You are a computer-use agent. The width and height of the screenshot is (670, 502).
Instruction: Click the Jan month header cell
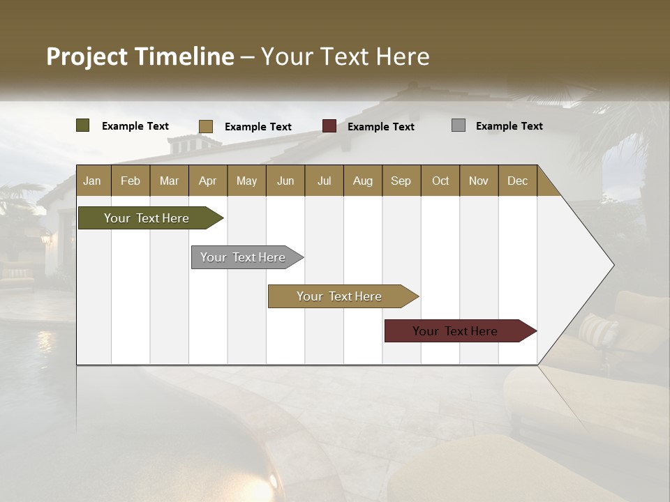click(93, 181)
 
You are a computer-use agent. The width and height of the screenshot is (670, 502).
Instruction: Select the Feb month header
click(131, 181)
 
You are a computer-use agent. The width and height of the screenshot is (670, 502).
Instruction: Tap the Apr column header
click(208, 181)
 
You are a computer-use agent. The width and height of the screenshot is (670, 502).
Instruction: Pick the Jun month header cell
click(285, 181)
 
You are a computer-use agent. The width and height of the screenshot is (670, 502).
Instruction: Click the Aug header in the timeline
click(363, 181)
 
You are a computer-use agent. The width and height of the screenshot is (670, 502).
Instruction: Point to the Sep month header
click(401, 181)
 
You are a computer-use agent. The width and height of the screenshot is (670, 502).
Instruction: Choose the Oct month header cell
click(440, 181)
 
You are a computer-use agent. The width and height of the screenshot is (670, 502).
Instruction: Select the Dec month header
click(518, 181)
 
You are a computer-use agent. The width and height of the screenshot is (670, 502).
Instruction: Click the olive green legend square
click(83, 125)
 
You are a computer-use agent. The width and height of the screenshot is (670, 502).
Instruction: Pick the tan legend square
click(206, 126)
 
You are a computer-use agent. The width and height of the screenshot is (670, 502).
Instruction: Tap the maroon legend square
click(329, 126)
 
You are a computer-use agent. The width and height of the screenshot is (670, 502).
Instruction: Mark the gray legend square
click(459, 125)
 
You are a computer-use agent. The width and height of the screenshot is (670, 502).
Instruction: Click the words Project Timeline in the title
click(140, 56)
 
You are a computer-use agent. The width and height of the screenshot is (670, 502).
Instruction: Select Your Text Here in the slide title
click(345, 56)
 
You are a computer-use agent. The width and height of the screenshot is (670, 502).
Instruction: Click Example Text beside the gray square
click(509, 126)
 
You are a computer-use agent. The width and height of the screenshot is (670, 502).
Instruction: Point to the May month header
click(246, 181)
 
